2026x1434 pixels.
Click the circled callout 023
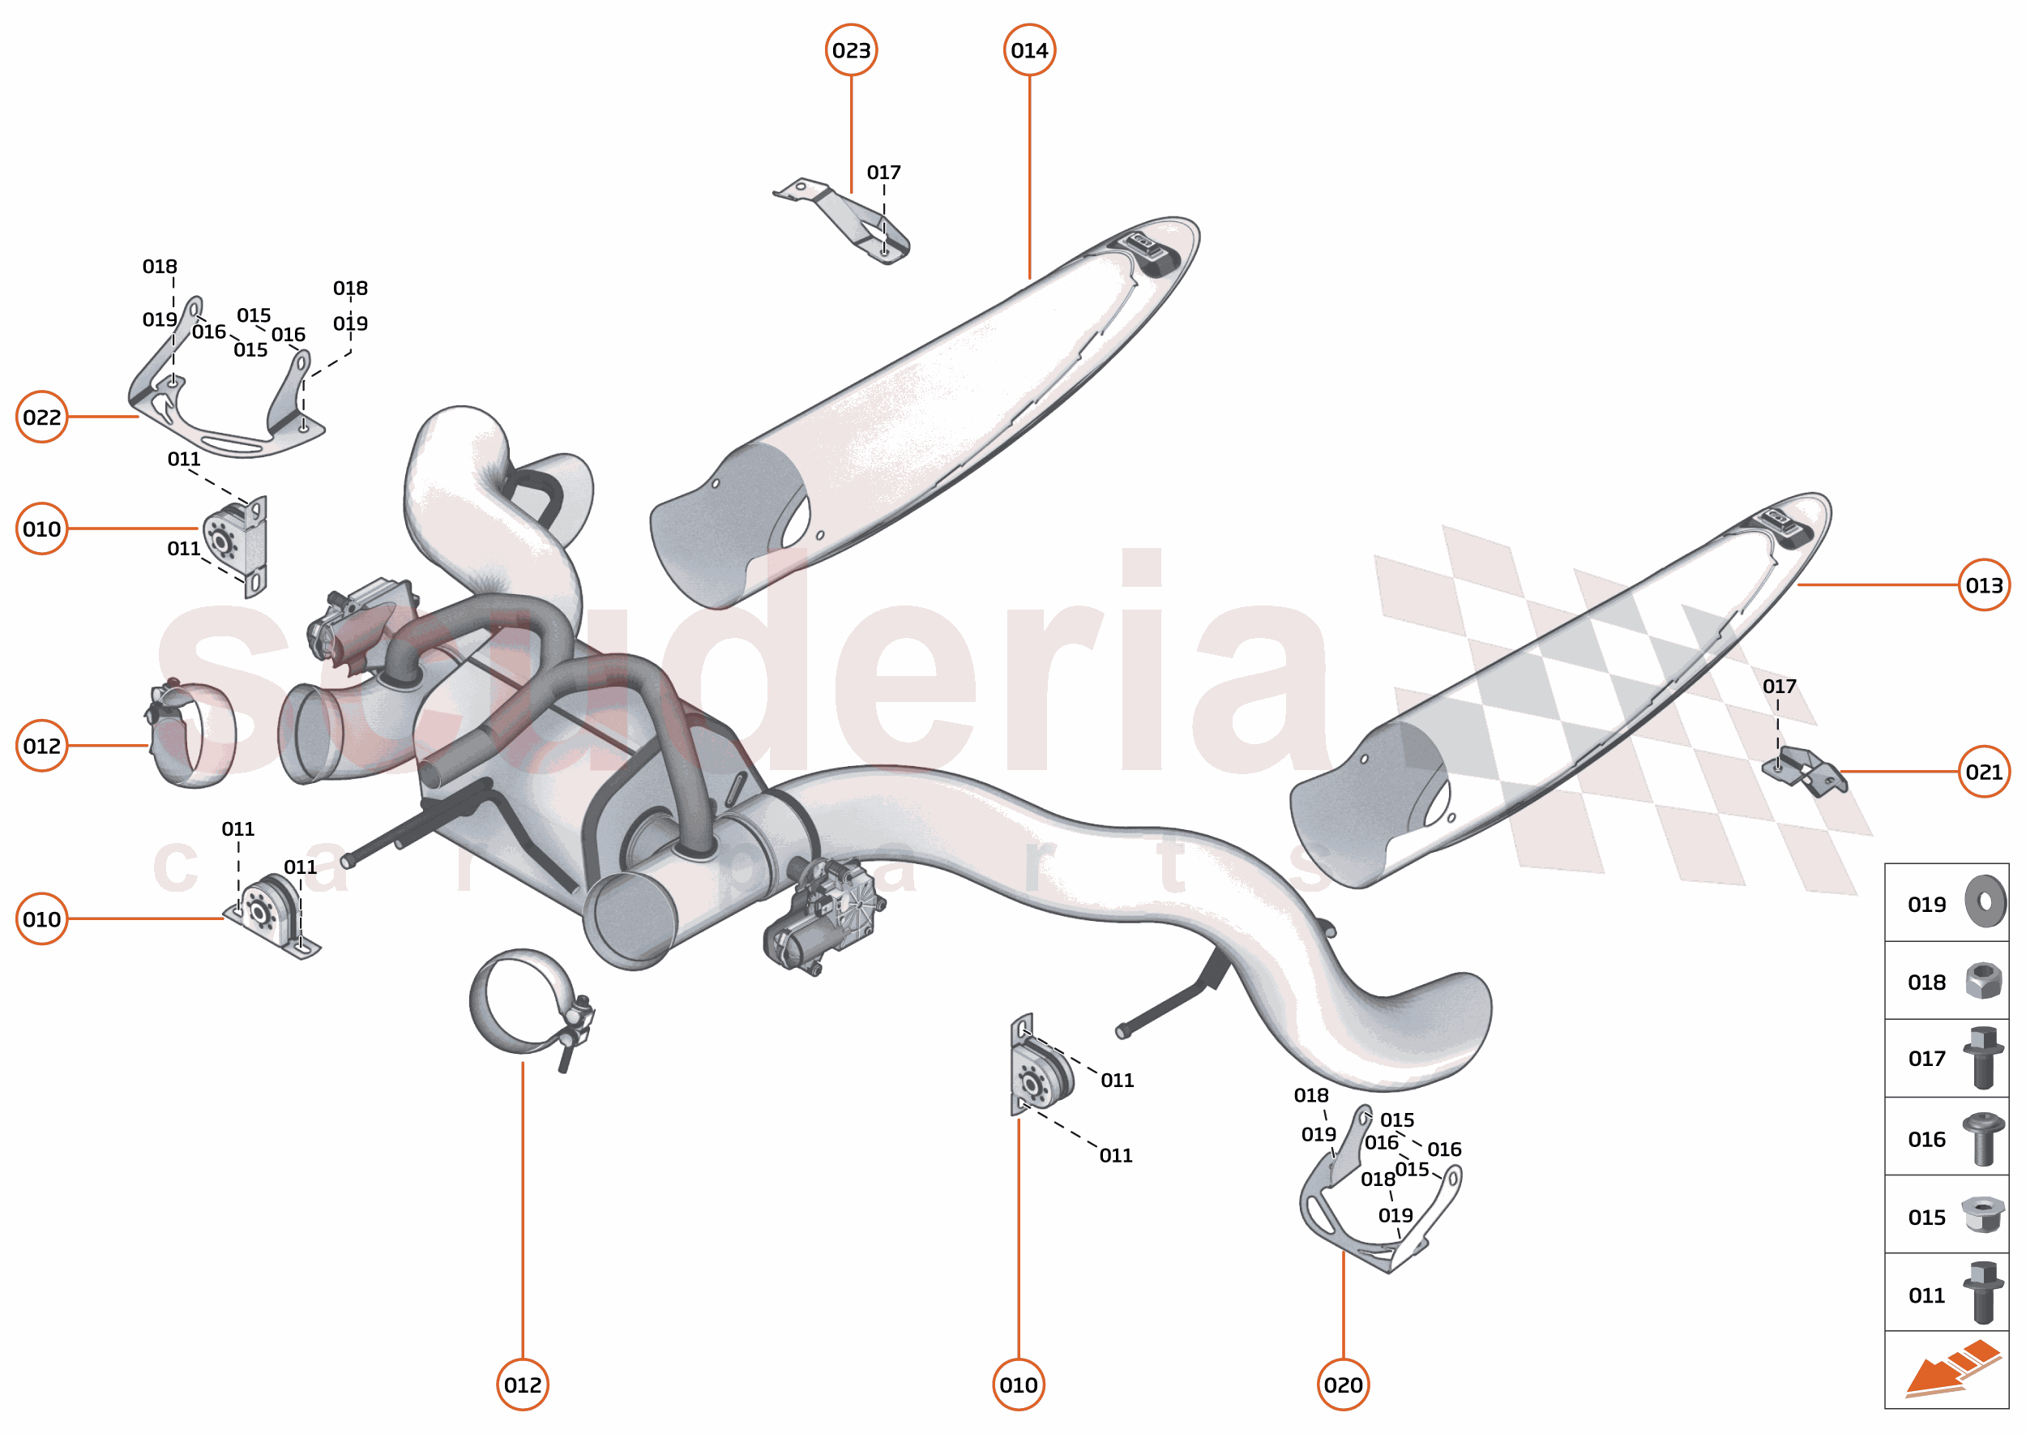[x=850, y=50]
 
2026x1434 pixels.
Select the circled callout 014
[x=1029, y=50]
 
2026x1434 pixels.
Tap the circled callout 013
[x=1984, y=584]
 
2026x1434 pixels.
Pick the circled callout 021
[x=1984, y=772]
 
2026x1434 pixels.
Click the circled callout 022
[x=41, y=417]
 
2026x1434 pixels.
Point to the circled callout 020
[x=1343, y=1385]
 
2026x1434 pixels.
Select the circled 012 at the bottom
[x=523, y=1385]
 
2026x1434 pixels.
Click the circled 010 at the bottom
[x=1018, y=1385]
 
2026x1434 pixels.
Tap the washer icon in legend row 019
[x=1985, y=902]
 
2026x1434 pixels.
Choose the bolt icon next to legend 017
[x=1983, y=1058]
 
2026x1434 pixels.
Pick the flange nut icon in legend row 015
[x=1982, y=1215]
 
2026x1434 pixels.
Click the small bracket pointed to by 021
[x=1805, y=769]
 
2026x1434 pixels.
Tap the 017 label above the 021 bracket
[x=1779, y=686]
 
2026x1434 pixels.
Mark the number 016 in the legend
[x=1926, y=1139]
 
